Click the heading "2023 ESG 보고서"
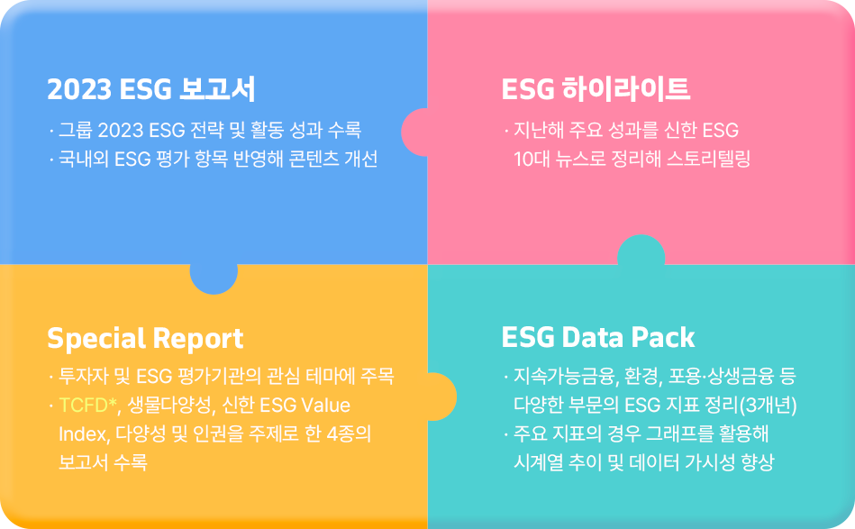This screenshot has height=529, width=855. (x=151, y=89)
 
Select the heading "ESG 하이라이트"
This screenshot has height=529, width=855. (x=596, y=89)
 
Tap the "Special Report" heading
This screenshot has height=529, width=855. (x=145, y=339)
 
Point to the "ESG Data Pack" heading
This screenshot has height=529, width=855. (x=598, y=338)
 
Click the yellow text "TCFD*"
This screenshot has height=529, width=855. (x=87, y=406)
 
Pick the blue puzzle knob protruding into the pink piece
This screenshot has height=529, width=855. (x=414, y=132)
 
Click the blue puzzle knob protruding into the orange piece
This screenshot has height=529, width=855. (x=214, y=279)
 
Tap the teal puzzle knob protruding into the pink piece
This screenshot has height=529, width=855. (x=641, y=250)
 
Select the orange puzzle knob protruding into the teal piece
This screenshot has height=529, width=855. (x=441, y=397)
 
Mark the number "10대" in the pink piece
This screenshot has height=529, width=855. (x=532, y=159)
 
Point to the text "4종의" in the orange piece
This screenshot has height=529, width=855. (x=349, y=434)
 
